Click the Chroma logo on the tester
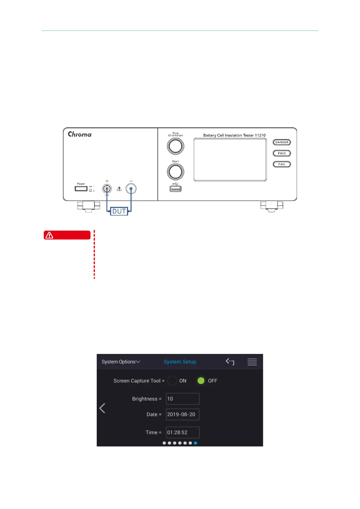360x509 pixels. pos(79,134)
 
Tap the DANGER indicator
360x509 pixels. pos(282,142)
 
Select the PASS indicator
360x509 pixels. pos(282,153)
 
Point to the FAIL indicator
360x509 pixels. pos(282,164)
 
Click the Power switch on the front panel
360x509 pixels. pos(81,189)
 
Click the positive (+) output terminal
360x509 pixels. pos(107,189)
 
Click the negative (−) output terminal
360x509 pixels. pos(131,189)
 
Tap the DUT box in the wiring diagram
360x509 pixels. pos(119,211)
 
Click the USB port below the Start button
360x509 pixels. pos(175,189)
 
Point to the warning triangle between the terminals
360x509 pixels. pos(119,189)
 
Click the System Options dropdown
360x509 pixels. pos(121,362)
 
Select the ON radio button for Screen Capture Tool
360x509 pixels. pos(172,381)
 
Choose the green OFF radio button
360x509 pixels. pos(201,381)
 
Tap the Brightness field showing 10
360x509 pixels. pos(183,399)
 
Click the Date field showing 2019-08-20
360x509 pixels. pos(183,414)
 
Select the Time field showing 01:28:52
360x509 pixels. pos(183,433)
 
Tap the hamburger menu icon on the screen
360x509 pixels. pos(252,362)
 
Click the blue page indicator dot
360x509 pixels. pos(196,443)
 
